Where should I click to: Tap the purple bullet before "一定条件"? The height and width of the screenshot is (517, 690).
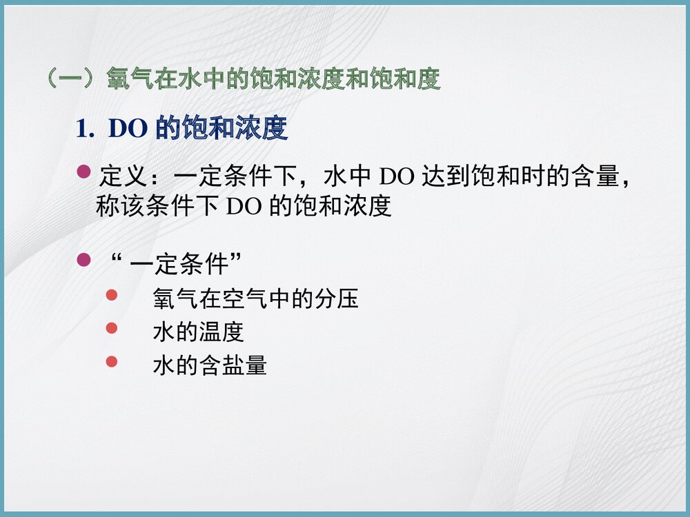coord(83,260)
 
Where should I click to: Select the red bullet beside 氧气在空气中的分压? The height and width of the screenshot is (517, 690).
coord(112,296)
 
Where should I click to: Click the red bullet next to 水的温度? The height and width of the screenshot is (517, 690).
coord(112,329)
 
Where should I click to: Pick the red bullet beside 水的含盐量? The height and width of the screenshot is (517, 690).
coord(112,361)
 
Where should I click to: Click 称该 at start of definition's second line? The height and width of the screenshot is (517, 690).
coord(119,207)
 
